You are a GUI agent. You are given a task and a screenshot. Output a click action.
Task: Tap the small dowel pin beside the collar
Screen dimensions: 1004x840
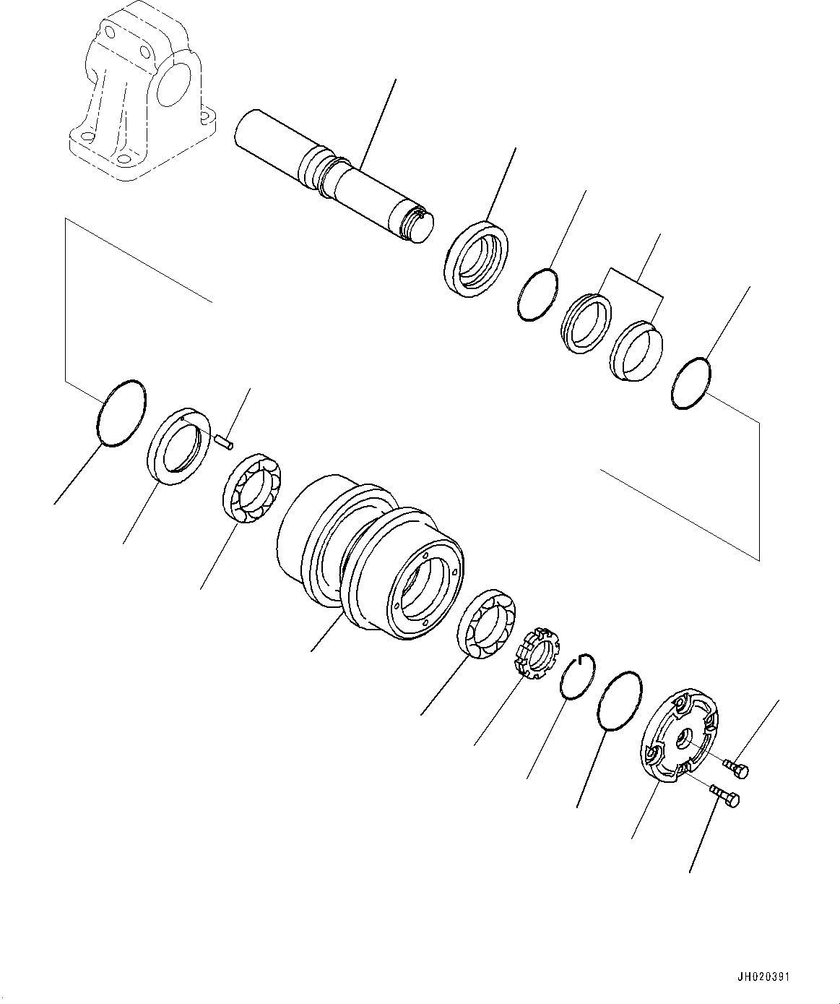(224, 440)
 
